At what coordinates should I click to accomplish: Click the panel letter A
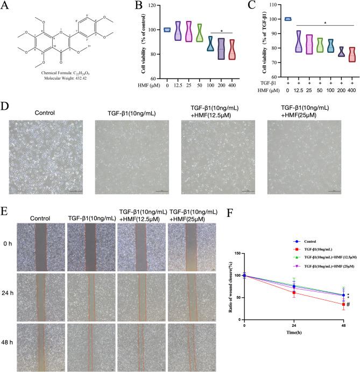tap(6, 6)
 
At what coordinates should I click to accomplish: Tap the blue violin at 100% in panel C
tap(273, 19)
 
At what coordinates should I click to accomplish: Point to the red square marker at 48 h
tap(343, 304)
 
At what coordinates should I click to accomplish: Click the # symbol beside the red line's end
tap(348, 305)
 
